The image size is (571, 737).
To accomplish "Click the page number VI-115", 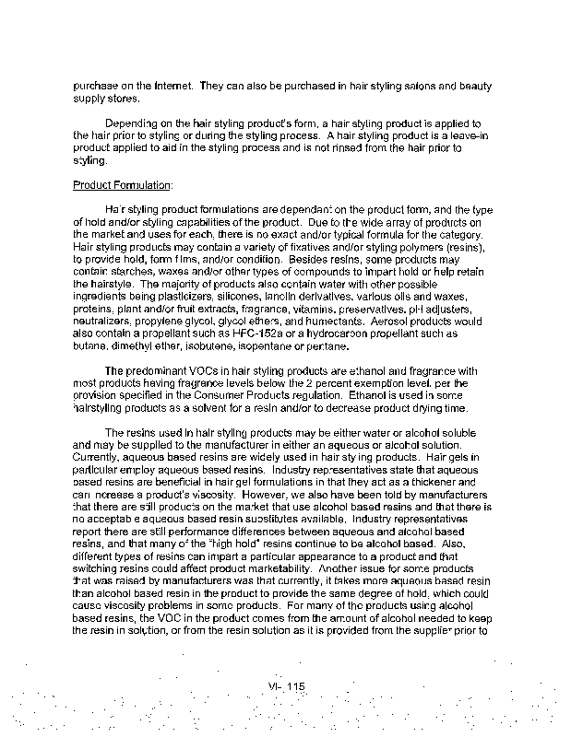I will point(286,686).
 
